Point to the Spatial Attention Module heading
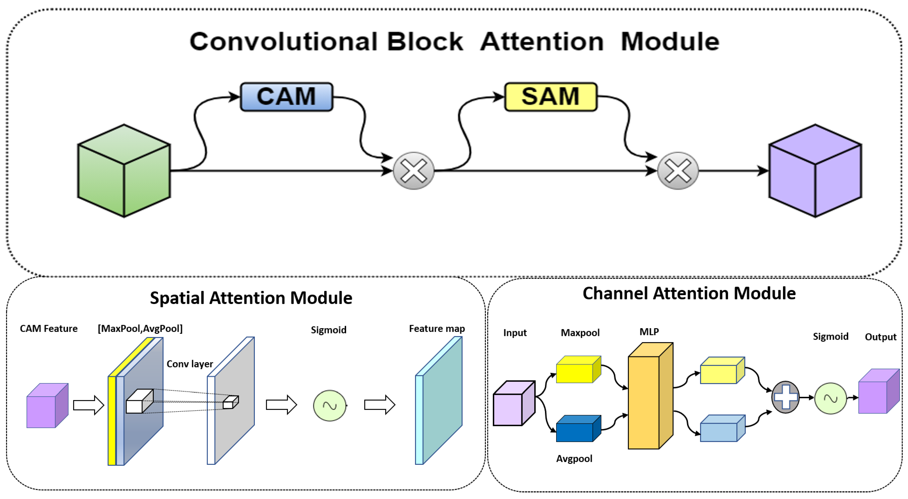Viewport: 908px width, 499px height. pyautogui.click(x=251, y=298)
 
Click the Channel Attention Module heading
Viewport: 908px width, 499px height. pyautogui.click(x=689, y=293)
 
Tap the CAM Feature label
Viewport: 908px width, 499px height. pyautogui.click(x=49, y=329)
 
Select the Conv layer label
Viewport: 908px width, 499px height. pyautogui.click(x=190, y=364)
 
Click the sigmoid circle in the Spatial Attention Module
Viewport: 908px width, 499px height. pyautogui.click(x=330, y=405)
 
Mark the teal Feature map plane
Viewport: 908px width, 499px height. pyautogui.click(x=441, y=402)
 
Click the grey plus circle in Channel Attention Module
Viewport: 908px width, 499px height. pyautogui.click(x=785, y=397)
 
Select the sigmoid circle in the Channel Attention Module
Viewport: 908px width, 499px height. pyautogui.click(x=831, y=398)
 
